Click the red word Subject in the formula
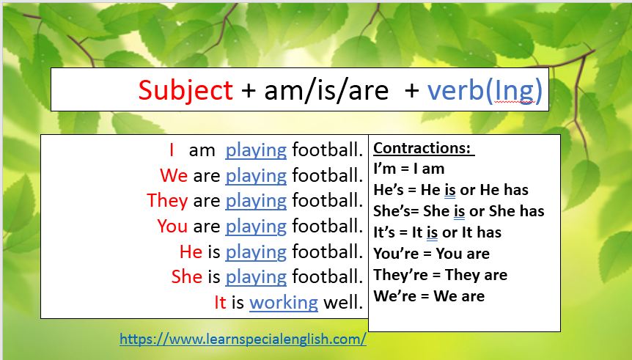point(185,90)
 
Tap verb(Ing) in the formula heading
point(485,90)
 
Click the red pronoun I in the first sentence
point(172,150)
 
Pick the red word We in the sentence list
point(174,176)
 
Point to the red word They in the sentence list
point(167,200)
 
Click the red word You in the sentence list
point(172,226)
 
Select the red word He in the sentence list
point(191,251)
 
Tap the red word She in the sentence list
point(186,276)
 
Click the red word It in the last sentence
point(220,302)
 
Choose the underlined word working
point(284,302)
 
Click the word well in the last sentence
point(343,302)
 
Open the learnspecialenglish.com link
point(243,339)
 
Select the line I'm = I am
point(409,169)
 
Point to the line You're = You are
point(431,254)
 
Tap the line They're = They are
point(440,275)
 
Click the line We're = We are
point(429,296)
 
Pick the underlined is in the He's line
point(450,191)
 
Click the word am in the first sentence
point(202,150)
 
